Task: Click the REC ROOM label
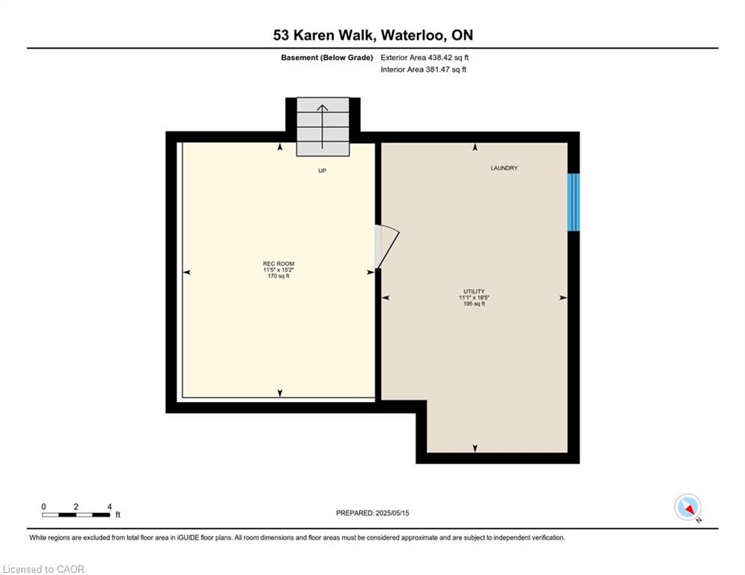click(x=278, y=264)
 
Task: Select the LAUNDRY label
click(x=504, y=168)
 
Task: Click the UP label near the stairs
click(x=322, y=171)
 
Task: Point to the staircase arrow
click(x=323, y=127)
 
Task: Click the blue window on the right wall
click(x=574, y=202)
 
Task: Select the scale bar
click(x=76, y=514)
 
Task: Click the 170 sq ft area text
click(x=278, y=276)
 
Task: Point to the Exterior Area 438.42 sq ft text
click(x=425, y=58)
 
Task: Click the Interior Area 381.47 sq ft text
click(x=424, y=70)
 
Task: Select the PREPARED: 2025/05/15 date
click(x=372, y=513)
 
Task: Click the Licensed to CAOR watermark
click(x=44, y=569)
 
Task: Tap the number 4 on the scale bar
click(x=109, y=507)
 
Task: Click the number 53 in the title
click(x=280, y=35)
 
